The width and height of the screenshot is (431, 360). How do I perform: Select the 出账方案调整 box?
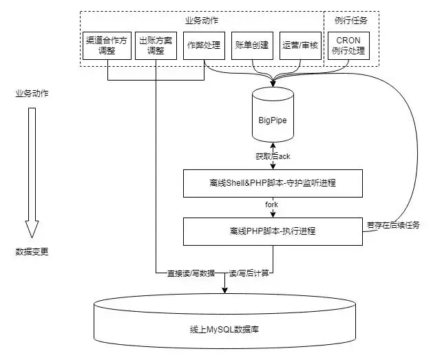156,45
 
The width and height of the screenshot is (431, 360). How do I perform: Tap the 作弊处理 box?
204,45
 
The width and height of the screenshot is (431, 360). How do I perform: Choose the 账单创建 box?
253,45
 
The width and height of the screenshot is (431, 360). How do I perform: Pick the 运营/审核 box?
299,45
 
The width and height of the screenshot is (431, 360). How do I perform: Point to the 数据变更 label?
32,252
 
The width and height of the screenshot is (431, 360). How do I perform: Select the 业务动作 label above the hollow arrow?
32,93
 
